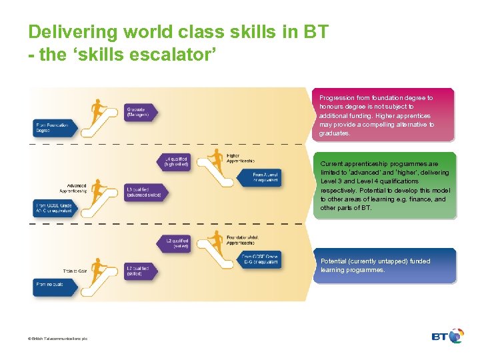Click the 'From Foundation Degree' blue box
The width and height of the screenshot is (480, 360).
tap(53, 127)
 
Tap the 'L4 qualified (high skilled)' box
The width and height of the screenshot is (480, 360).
tap(175, 161)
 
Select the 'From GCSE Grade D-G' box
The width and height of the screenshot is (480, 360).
tap(259, 260)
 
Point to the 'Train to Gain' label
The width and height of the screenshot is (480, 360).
tap(75, 271)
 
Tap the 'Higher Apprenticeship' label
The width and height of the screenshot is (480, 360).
tap(240, 158)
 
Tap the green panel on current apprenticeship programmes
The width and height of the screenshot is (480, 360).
tap(384, 185)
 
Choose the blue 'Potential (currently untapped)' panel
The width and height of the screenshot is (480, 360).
tap(384, 265)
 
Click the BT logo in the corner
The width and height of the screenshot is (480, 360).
tap(447, 337)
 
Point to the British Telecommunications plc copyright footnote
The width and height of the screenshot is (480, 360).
tap(57, 339)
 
